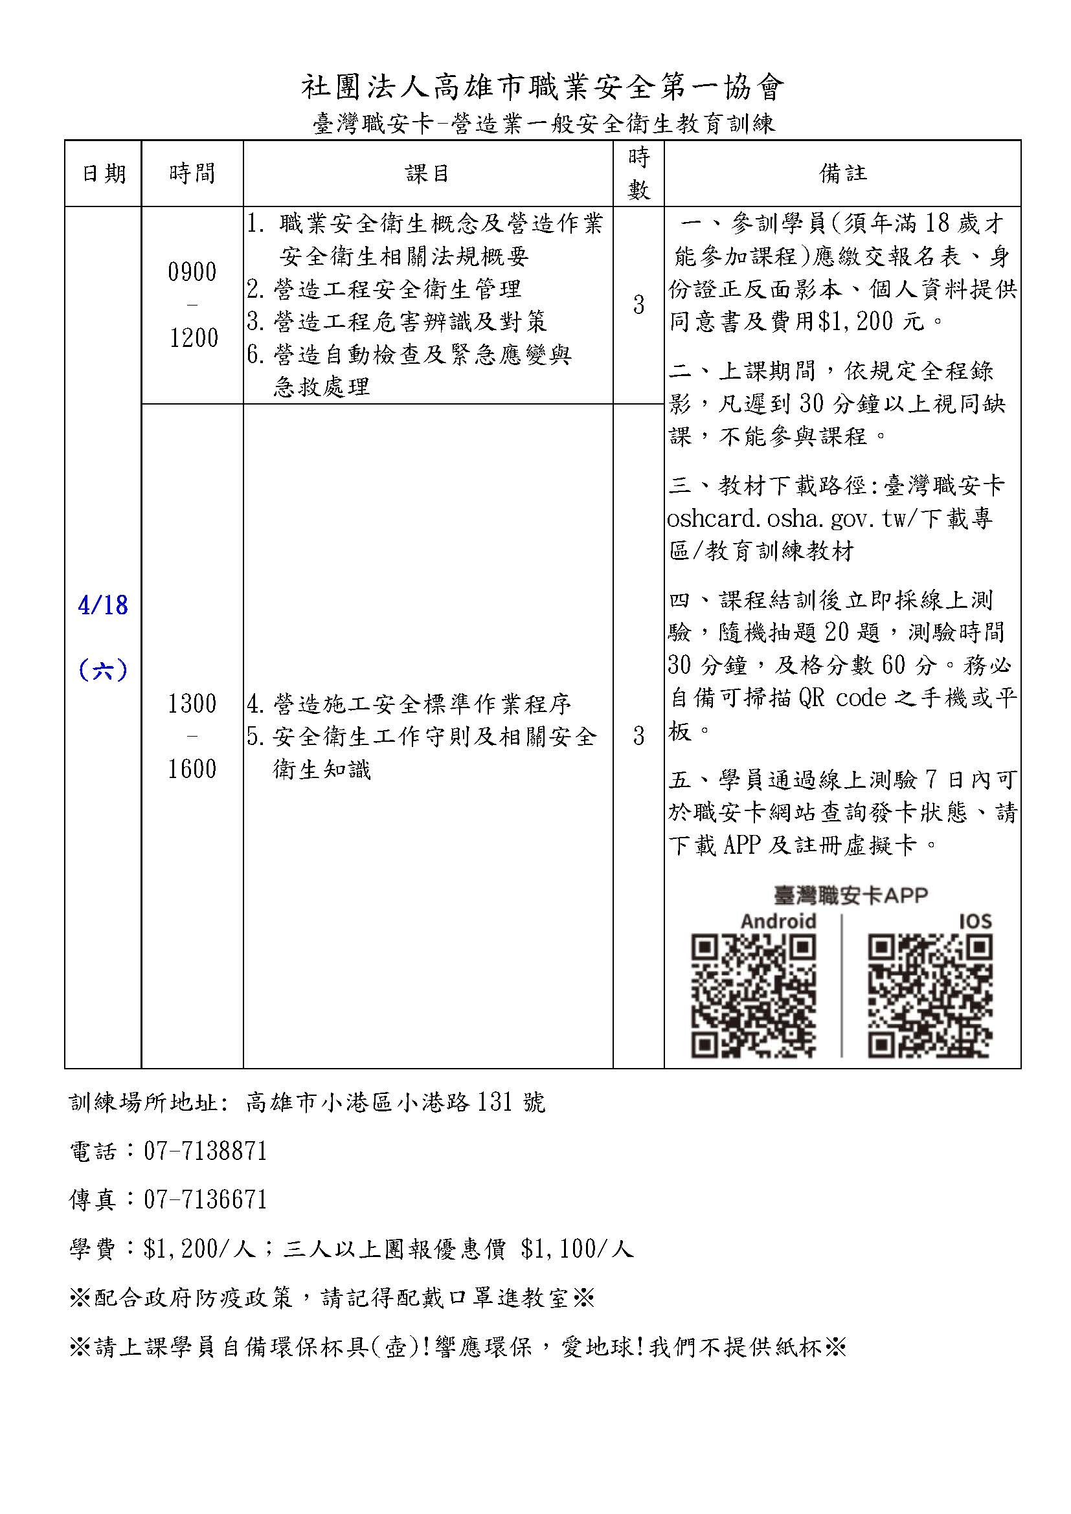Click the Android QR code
tap(754, 996)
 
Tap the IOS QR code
tap(930, 996)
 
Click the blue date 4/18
tap(103, 605)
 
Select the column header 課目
tap(427, 173)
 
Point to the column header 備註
tap(842, 173)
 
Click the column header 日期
tap(104, 173)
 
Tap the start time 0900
tap(192, 273)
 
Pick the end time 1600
tap(192, 769)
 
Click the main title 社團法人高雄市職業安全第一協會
tap(543, 87)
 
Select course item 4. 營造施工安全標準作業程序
tap(409, 704)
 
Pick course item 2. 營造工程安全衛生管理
tap(385, 289)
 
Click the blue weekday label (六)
tap(103, 671)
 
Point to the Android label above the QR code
tap(779, 920)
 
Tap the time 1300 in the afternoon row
tap(192, 704)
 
